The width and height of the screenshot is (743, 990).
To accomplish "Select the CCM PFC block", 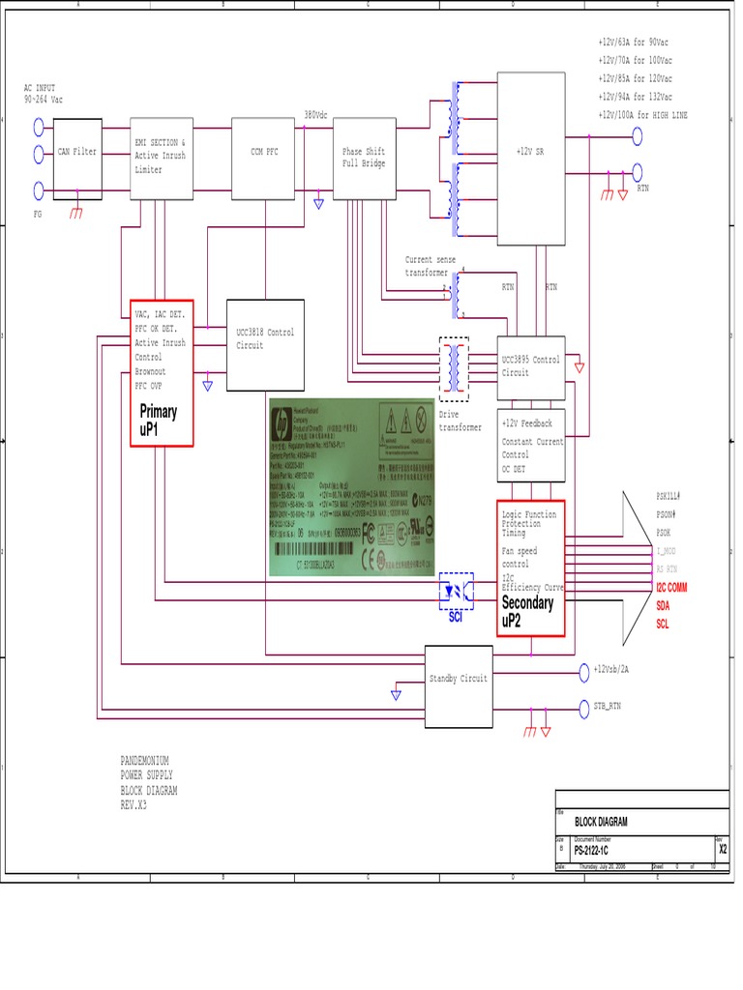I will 264,158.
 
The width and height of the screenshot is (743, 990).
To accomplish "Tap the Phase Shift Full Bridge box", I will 364,158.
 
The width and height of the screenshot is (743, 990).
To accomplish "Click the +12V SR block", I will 530,158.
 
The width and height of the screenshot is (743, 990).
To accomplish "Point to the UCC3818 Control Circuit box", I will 264,344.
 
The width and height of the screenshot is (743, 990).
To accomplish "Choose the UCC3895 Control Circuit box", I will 530,365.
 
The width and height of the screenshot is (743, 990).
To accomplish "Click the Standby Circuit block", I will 459,686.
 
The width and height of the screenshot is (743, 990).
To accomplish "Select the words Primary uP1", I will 159,420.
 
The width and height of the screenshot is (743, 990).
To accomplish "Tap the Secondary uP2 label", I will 528,611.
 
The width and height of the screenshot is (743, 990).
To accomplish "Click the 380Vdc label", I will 316,113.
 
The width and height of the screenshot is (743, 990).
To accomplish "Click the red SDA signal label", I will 664,605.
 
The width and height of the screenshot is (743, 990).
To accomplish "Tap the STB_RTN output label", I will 608,707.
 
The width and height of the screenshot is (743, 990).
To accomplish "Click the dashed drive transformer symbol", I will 455,368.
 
